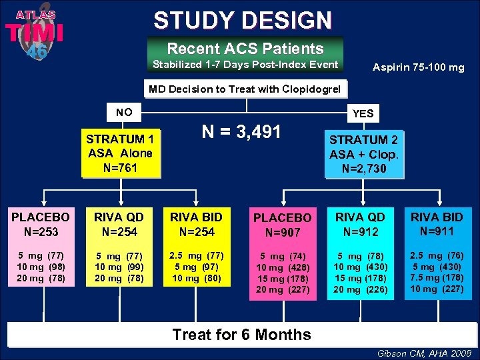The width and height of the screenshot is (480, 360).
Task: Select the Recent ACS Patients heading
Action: tap(245, 49)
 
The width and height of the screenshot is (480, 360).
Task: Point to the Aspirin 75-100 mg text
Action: tap(418, 68)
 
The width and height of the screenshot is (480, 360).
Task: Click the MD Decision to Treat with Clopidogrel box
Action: tap(244, 89)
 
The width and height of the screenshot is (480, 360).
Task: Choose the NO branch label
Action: tap(123, 112)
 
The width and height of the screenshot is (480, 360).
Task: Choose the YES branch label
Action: tap(362, 113)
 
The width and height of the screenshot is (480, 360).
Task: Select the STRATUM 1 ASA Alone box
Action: tap(120, 153)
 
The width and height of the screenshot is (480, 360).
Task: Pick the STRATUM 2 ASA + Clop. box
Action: tap(363, 154)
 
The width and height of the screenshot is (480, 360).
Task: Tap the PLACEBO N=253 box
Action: tap(40, 225)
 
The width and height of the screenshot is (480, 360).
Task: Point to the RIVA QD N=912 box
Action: tap(360, 225)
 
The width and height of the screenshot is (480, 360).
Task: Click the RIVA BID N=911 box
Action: tap(437, 224)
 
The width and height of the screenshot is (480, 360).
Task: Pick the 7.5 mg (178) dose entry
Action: tap(437, 278)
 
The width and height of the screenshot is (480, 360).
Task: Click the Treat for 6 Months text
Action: tap(241, 335)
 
